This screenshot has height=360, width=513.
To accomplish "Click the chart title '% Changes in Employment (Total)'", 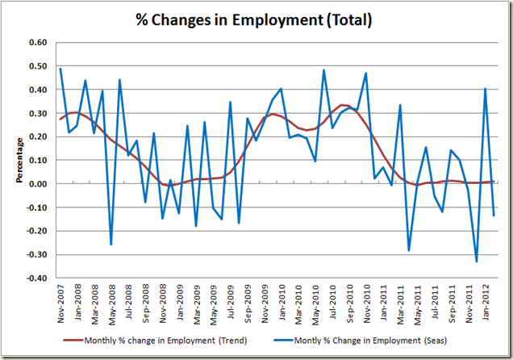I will click(x=256, y=19).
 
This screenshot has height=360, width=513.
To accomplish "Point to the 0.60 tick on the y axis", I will click(x=39, y=43).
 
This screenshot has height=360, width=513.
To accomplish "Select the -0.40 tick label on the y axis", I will click(x=38, y=278).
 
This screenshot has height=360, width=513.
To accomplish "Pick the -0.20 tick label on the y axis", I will click(x=38, y=232).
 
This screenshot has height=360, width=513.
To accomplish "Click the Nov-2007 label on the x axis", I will click(x=61, y=303).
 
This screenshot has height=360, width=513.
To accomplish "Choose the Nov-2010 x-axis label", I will click(x=369, y=303).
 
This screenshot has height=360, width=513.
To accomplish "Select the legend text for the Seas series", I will click(x=389, y=339).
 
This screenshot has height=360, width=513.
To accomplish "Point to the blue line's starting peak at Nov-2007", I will click(x=61, y=69).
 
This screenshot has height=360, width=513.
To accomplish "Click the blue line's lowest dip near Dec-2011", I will click(x=477, y=262).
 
